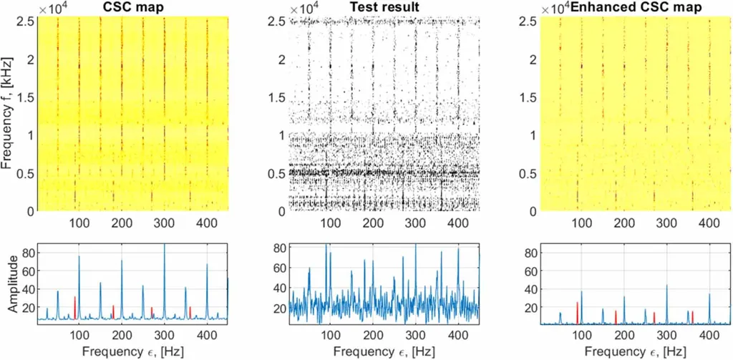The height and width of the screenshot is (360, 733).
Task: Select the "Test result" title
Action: tap(384, 7)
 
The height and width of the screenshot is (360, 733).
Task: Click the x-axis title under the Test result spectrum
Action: tap(384, 351)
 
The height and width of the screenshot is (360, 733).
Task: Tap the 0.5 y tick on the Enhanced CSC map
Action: tap(531, 173)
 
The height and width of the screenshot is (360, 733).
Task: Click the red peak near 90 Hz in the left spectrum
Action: tap(74, 299)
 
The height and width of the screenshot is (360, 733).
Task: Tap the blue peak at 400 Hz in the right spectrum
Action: tap(709, 296)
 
